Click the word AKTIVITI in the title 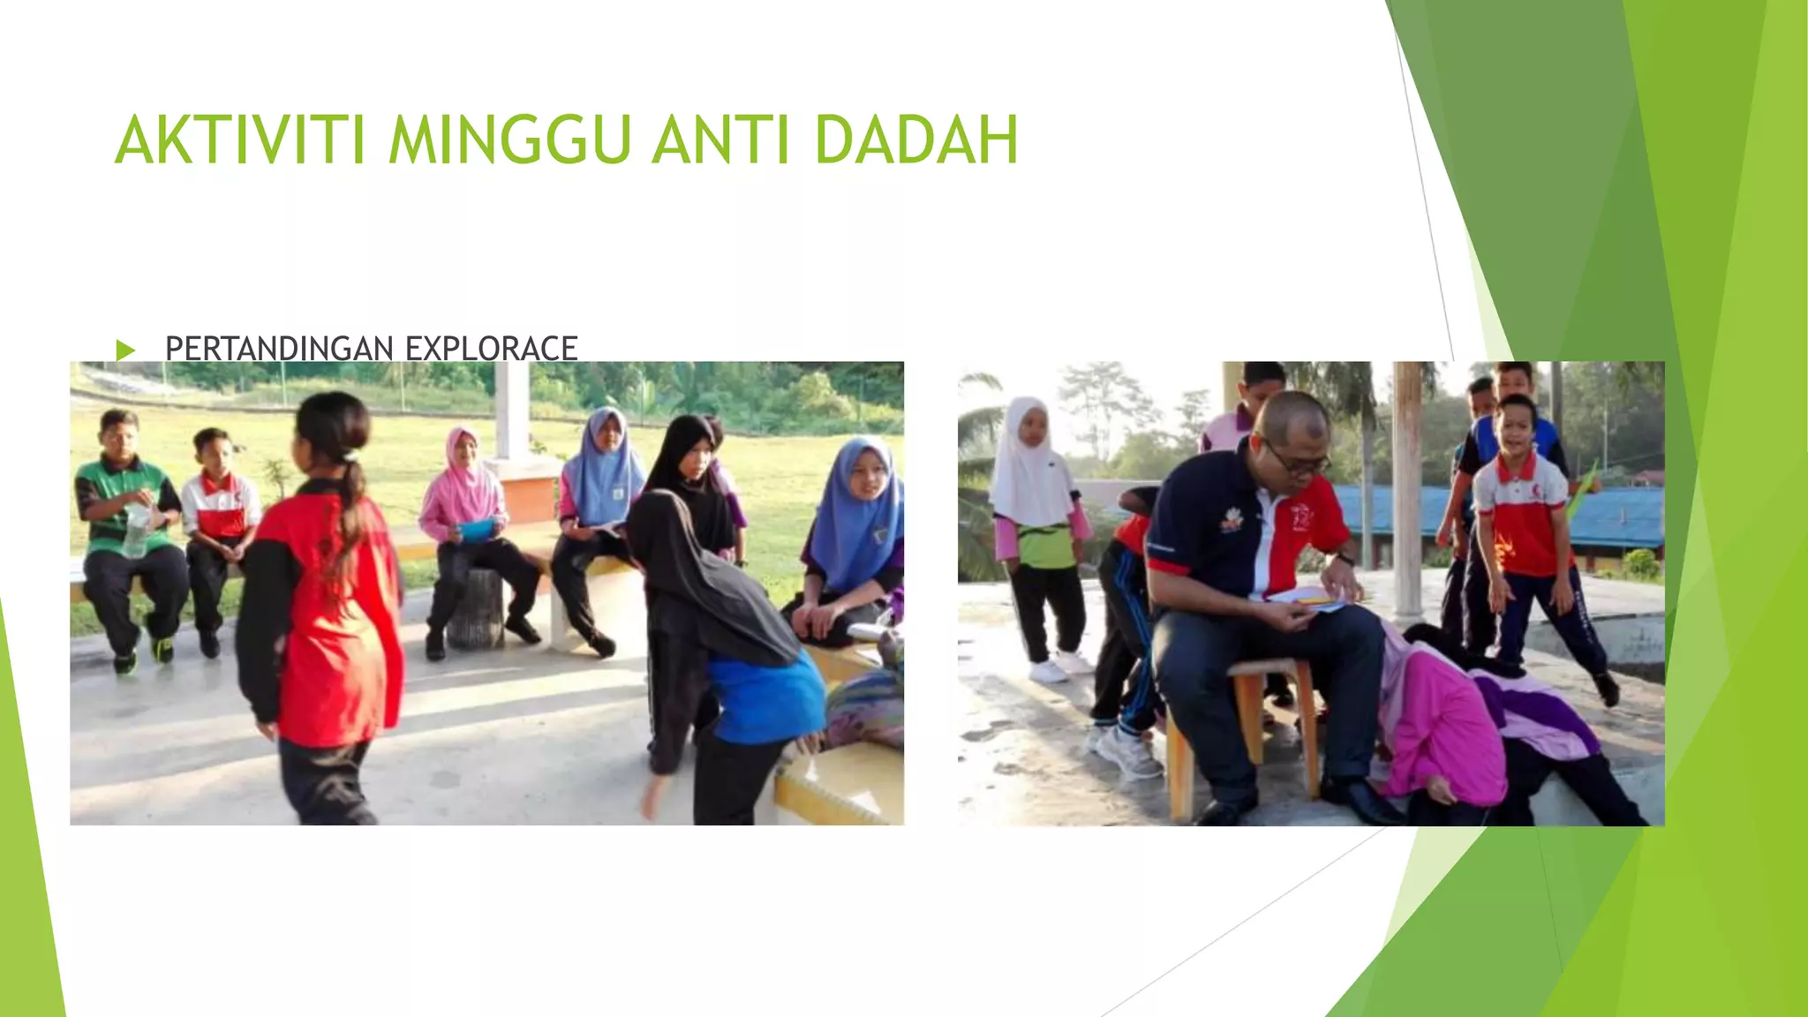click(239, 140)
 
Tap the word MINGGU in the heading click(509, 140)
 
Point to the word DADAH click(916, 140)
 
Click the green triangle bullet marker click(125, 350)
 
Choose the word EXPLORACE click(491, 349)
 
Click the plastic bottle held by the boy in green click(136, 530)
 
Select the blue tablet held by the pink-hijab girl click(475, 529)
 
